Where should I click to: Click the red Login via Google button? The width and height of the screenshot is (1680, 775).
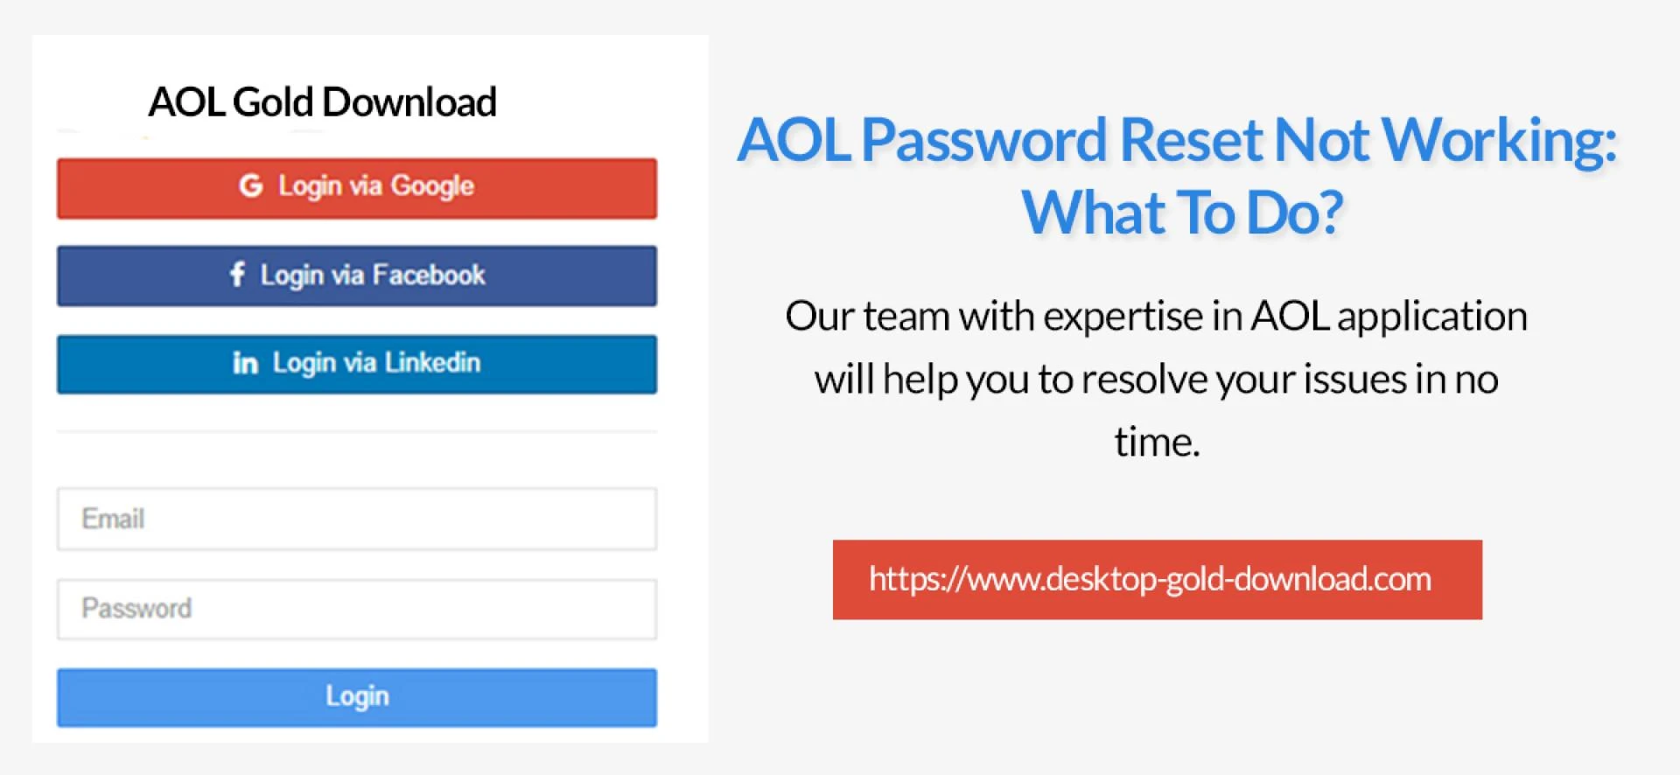point(357,188)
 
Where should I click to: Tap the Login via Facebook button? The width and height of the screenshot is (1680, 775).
point(357,276)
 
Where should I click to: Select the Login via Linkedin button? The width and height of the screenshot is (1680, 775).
point(357,364)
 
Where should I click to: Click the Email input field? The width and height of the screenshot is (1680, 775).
point(357,519)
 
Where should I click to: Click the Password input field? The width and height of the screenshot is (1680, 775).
point(357,609)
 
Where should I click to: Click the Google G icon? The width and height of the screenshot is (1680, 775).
point(251,185)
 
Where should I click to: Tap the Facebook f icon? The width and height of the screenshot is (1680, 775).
point(237,274)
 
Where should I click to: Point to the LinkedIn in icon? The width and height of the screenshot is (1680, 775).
point(245,362)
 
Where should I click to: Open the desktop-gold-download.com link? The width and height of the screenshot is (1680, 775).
point(1157,579)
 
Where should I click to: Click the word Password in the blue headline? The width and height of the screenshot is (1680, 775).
point(984,141)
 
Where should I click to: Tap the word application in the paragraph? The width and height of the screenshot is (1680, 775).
point(1432,317)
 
